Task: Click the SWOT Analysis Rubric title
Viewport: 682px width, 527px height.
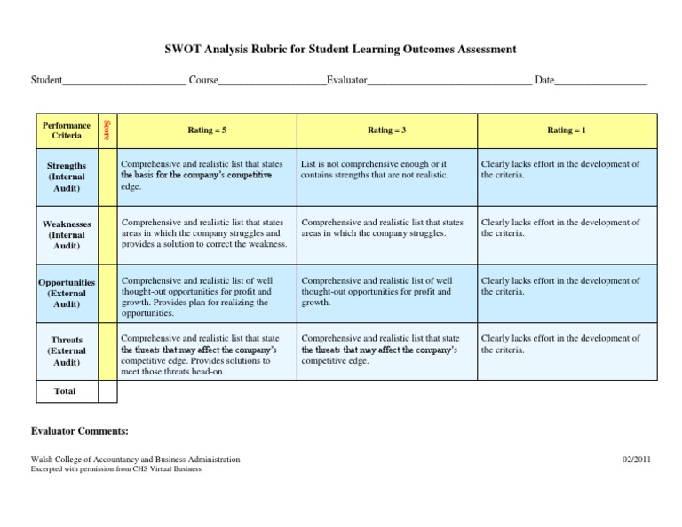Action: coord(340,50)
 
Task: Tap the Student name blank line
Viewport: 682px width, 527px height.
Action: coord(124,82)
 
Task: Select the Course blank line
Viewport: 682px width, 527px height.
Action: coord(272,82)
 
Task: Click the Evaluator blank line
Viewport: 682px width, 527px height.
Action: coord(449,82)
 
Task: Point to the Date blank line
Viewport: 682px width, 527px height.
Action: coord(601,82)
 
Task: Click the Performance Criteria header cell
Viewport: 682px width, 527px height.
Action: coord(67,130)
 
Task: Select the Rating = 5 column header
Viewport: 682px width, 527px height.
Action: coord(207,130)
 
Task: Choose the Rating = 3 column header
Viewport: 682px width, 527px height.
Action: coord(387,130)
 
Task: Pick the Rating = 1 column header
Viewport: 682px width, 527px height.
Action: coord(567,130)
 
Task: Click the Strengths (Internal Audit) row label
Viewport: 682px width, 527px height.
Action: coord(67,177)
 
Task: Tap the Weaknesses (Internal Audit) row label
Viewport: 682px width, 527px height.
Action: coord(67,235)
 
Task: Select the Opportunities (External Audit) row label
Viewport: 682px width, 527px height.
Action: coord(67,293)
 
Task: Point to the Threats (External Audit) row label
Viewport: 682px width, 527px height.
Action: coord(67,350)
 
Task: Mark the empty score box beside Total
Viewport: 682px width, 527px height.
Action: coord(107,391)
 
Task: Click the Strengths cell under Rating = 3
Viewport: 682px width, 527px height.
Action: coord(387,169)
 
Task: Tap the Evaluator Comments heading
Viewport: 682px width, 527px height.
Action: coord(81,431)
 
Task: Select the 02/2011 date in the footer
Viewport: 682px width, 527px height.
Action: coord(636,460)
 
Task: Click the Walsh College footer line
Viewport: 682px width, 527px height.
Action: coord(136,460)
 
